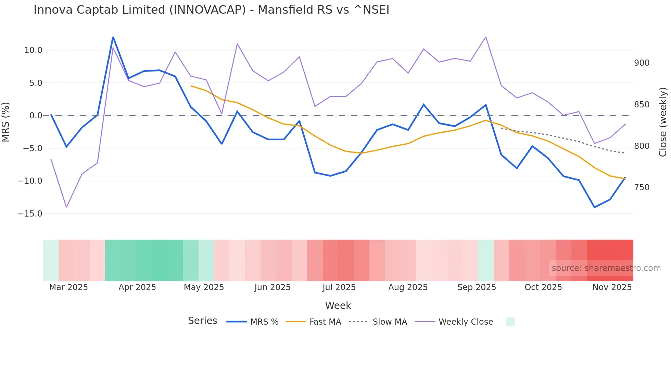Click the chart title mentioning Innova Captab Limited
(211, 10)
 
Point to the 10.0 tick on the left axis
(33, 50)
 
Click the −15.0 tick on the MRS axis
(30, 214)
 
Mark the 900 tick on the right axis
(642, 63)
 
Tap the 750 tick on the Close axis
(642, 187)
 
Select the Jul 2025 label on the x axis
(339, 287)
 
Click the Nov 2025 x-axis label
(612, 287)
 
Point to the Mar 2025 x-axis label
(68, 287)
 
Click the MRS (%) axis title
(6, 122)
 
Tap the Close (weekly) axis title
(663, 122)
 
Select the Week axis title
(338, 305)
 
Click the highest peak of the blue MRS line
(113, 37)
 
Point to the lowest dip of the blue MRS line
(594, 207)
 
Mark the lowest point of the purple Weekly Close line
(66, 207)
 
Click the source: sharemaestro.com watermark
(606, 268)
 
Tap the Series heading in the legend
(202, 321)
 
